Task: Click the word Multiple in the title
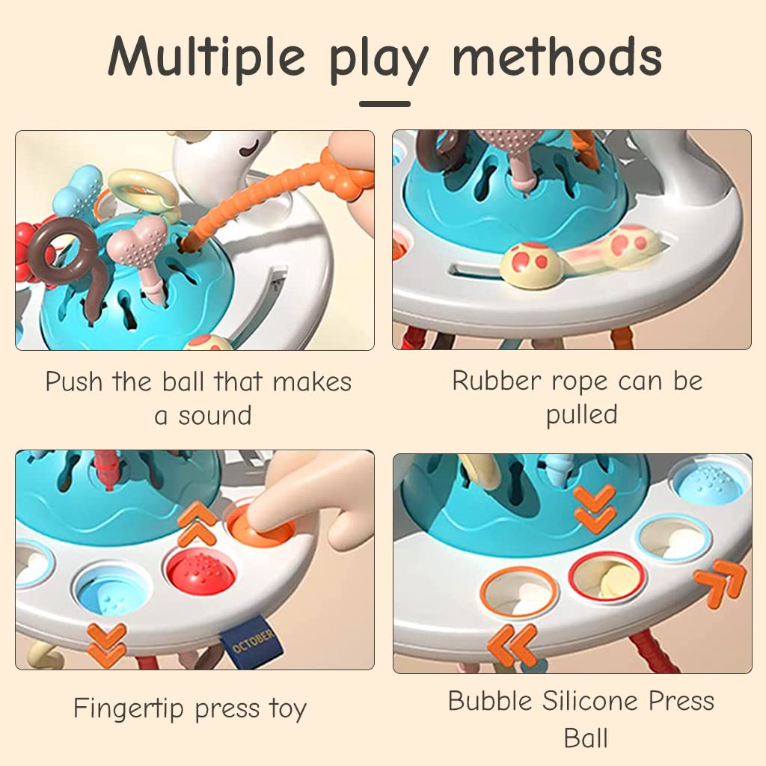point(206,57)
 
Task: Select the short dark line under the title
point(384,103)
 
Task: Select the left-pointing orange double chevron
point(512,646)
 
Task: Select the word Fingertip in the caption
point(129,708)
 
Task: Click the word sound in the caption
point(215,416)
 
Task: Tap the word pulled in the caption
point(581,415)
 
